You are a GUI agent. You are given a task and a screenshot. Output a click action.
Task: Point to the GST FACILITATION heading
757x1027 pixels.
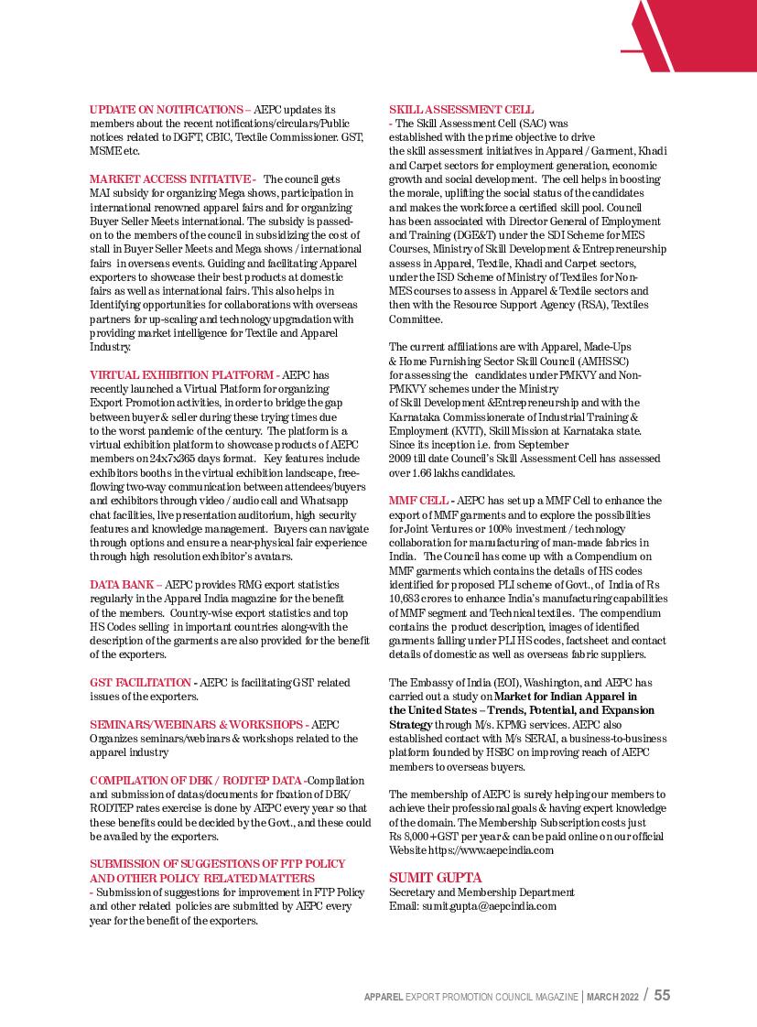click(x=140, y=682)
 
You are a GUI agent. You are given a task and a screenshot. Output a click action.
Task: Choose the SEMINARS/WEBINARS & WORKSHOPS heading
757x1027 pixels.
click(x=197, y=724)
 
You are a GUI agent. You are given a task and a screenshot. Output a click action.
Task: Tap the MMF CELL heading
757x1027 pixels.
click(x=418, y=501)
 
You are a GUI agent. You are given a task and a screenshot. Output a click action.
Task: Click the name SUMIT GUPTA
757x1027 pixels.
click(x=436, y=878)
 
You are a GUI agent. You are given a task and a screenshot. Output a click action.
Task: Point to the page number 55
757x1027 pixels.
click(x=662, y=995)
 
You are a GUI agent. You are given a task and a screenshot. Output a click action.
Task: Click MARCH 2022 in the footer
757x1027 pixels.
click(x=613, y=996)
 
